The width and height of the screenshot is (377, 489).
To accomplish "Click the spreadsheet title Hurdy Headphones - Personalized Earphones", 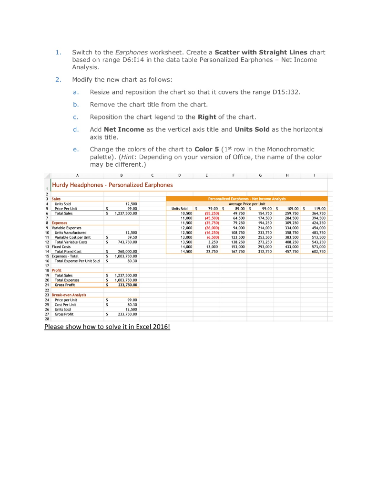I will pyautogui.click(x=112, y=185).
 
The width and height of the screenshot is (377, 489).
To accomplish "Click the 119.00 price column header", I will pyautogui.click(x=319, y=208).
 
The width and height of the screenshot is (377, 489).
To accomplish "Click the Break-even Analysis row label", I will pyautogui.click(x=69, y=295).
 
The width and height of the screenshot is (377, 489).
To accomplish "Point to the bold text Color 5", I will pyautogui.click(x=206, y=149).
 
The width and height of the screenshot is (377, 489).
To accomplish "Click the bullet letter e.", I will pyautogui.click(x=76, y=149).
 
